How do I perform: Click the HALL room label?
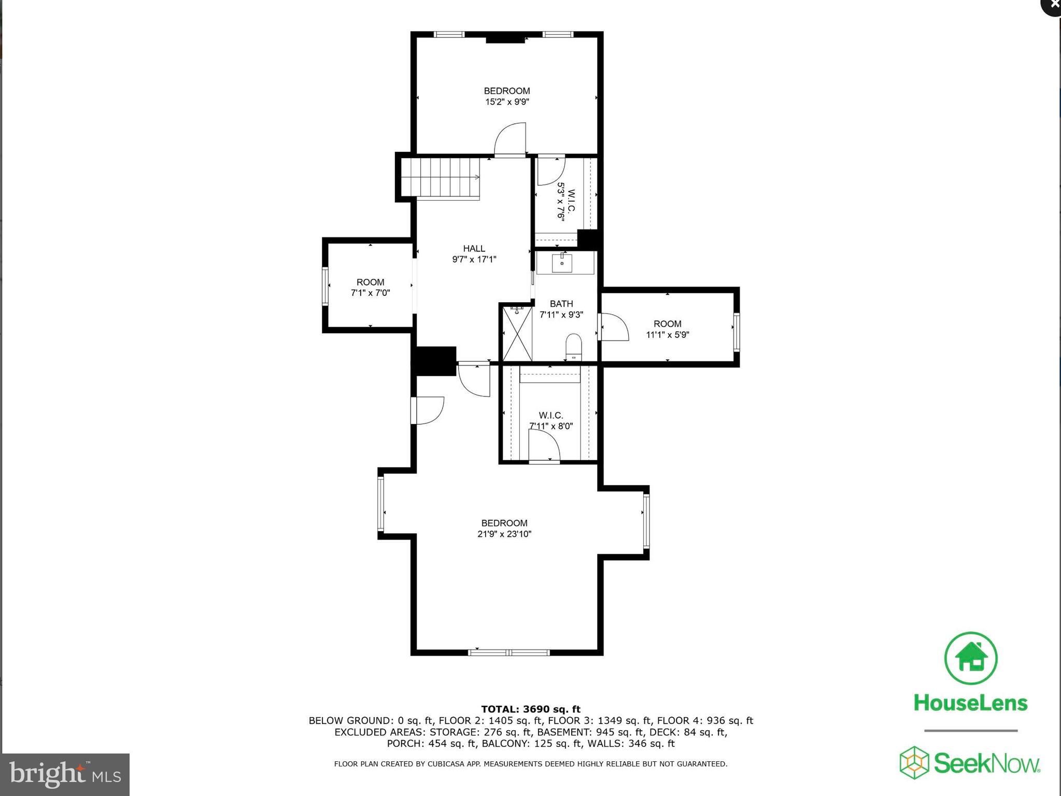[x=474, y=249]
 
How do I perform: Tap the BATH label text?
[x=561, y=304]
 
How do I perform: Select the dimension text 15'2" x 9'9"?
[x=507, y=102]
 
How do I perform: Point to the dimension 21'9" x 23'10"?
[x=504, y=534]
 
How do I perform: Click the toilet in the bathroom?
[x=573, y=346]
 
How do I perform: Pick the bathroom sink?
[x=562, y=263]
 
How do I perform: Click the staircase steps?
[x=441, y=178]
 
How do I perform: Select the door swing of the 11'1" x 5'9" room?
[x=614, y=327]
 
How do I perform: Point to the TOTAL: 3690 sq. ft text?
[x=531, y=709]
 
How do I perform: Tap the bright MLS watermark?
[x=65, y=775]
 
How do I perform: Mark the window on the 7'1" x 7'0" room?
[x=326, y=286]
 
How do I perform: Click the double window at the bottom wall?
[x=508, y=652]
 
